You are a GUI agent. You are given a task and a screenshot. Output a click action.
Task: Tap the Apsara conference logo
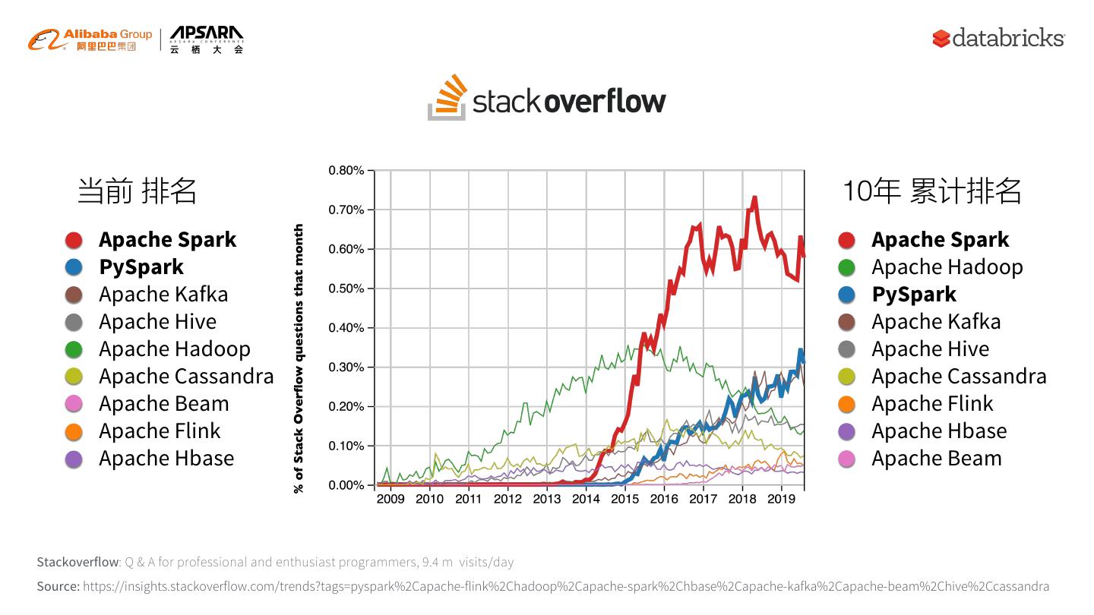206,39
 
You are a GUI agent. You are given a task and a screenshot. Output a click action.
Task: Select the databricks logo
998,37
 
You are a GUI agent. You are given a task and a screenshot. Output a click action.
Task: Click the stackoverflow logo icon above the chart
447,97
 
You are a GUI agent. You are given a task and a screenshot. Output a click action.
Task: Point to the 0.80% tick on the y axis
346,171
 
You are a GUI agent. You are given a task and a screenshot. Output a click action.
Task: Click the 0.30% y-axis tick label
346,367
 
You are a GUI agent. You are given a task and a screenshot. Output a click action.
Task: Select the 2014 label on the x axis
586,499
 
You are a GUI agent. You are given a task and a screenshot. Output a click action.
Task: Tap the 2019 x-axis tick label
781,499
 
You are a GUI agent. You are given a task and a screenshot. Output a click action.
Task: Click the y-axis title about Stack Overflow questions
299,358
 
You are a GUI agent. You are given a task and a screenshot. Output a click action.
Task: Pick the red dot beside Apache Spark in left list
74,240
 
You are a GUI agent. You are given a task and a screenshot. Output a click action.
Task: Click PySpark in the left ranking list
141,267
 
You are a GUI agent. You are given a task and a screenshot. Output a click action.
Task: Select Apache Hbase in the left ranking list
166,459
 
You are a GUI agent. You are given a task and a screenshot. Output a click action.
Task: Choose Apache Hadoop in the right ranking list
947,267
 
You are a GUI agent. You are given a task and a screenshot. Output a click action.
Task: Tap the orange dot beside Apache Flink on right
846,404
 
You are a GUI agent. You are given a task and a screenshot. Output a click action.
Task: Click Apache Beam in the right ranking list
936,459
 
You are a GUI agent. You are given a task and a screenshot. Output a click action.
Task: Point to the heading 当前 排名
137,191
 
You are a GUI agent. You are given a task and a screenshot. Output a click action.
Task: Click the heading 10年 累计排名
931,191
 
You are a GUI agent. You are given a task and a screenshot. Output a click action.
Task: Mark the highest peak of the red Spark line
754,198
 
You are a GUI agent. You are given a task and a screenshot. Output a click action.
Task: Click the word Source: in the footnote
58,586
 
